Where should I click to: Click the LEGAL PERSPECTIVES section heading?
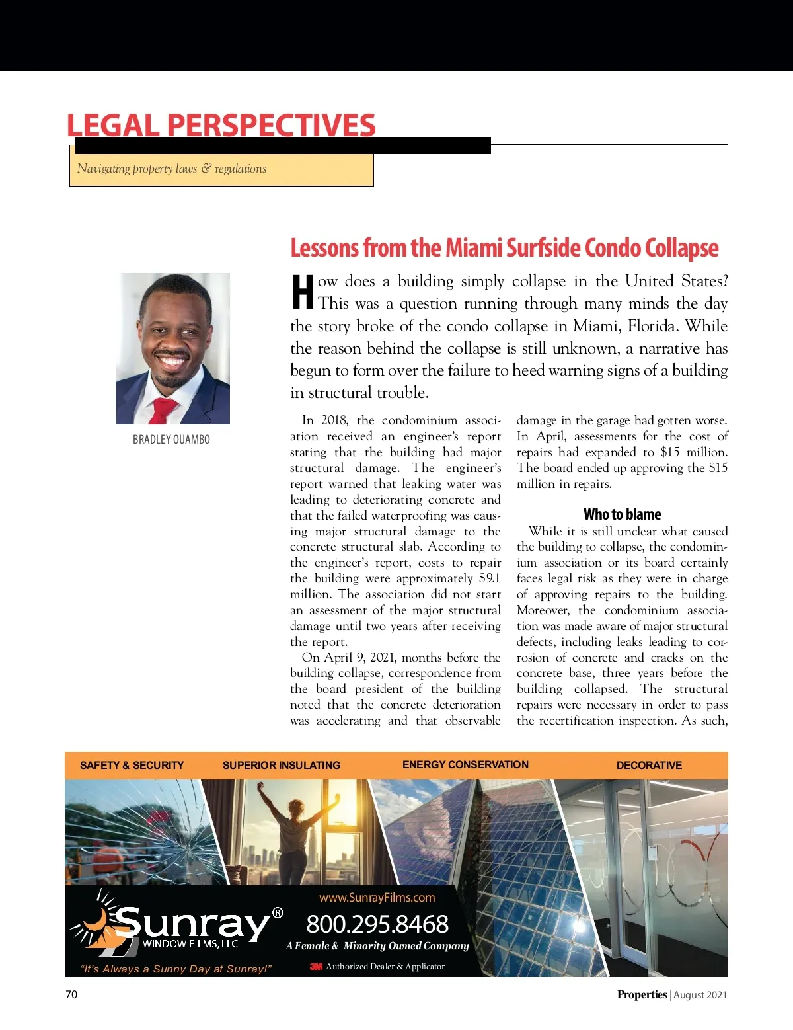(x=221, y=125)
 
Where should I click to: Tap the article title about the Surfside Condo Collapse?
(x=504, y=248)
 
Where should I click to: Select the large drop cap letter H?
(x=303, y=292)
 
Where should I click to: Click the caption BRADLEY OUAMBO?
(x=171, y=440)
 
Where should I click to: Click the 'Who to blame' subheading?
(x=622, y=514)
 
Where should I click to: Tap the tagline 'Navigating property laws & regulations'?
(x=172, y=169)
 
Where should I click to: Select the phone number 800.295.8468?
(x=377, y=924)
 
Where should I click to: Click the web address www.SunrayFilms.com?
(x=377, y=898)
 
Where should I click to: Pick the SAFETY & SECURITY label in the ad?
(x=132, y=765)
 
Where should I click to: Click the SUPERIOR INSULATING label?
(x=282, y=765)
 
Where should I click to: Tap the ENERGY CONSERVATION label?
(x=465, y=764)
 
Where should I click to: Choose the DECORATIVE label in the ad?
(x=649, y=765)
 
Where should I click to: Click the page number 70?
(x=71, y=994)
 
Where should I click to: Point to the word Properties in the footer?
(x=642, y=994)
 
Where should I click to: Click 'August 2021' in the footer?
(x=700, y=995)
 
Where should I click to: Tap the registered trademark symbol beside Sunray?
(x=278, y=913)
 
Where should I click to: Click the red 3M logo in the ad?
(x=316, y=967)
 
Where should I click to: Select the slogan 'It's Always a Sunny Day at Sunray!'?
(x=176, y=969)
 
